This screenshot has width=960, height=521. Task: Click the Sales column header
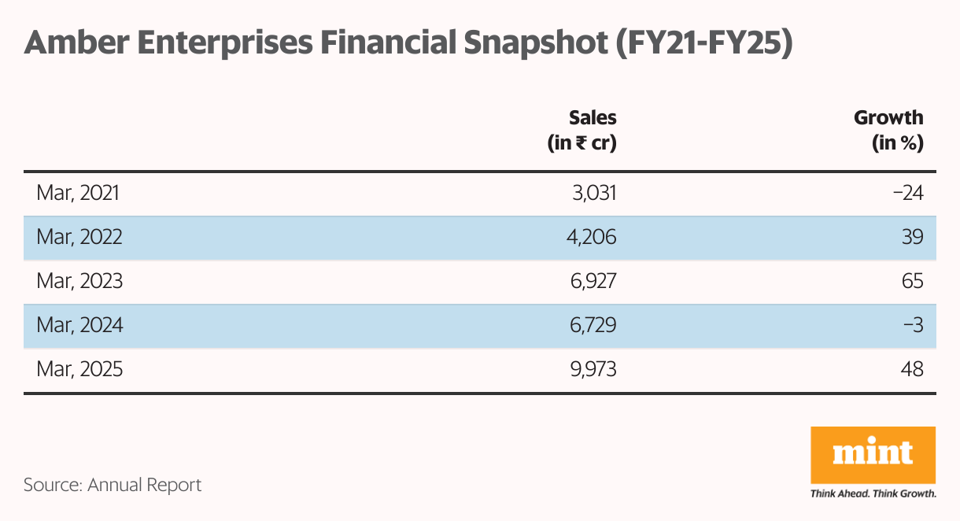pyautogui.click(x=582, y=130)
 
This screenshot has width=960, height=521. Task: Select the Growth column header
pyautogui.click(x=888, y=130)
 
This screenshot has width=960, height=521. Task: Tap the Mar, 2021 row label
pyautogui.click(x=78, y=193)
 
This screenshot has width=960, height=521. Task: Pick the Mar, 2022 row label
pyautogui.click(x=79, y=237)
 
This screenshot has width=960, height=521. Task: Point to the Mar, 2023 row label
pyautogui.click(x=79, y=281)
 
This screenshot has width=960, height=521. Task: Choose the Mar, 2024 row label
pyautogui.click(x=79, y=325)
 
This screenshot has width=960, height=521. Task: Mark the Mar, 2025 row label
pyautogui.click(x=79, y=369)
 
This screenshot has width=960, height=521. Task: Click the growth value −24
pyautogui.click(x=908, y=193)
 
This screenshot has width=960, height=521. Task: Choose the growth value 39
pyautogui.click(x=913, y=237)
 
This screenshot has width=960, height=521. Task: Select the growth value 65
pyautogui.click(x=913, y=281)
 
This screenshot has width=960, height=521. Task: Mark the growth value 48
pyautogui.click(x=913, y=369)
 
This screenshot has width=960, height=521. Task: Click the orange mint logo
pyautogui.click(x=873, y=456)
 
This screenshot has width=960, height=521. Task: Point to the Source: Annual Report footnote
pyautogui.click(x=113, y=485)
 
